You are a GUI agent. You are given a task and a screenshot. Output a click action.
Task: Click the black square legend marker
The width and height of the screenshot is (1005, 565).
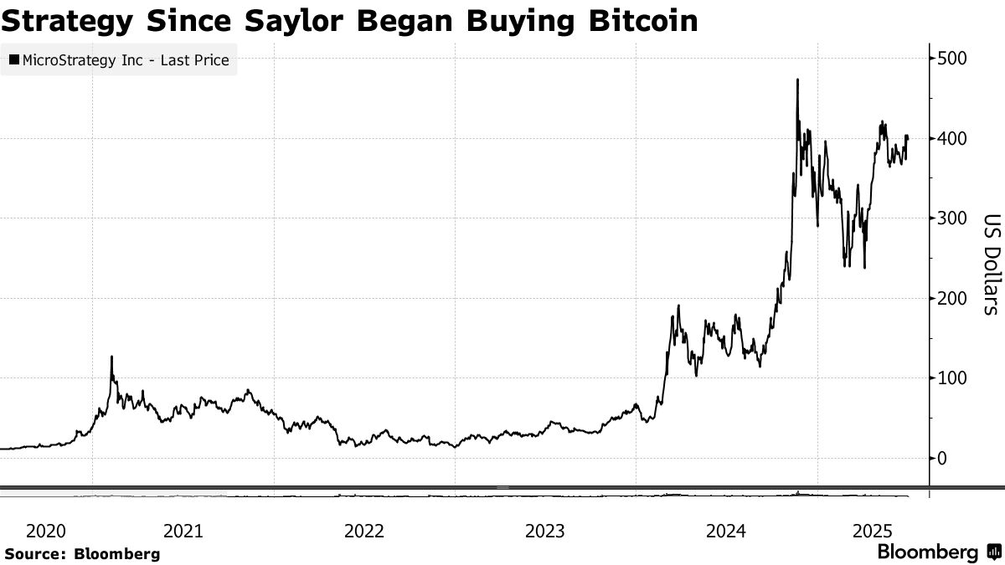pos(14,60)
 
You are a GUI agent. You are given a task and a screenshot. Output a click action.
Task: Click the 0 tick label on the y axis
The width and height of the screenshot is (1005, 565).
pos(945,459)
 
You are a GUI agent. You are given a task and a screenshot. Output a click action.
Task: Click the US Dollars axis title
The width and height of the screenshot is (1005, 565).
pos(991,262)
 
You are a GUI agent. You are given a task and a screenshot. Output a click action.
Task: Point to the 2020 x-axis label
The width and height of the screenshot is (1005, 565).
pos(46,531)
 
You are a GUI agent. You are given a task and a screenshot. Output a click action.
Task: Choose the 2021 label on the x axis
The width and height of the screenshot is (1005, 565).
pos(183,531)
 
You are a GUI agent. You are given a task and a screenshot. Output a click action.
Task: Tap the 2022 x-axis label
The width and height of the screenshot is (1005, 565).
pos(364,531)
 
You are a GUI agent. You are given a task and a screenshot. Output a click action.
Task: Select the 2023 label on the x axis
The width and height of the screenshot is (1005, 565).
pos(545,531)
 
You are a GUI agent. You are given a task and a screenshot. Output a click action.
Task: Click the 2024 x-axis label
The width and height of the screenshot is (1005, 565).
pos(727,531)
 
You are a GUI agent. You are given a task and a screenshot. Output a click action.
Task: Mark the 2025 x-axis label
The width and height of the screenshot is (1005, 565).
pos(873,531)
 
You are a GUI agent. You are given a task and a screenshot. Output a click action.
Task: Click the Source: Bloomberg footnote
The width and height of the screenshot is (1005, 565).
pos(82,553)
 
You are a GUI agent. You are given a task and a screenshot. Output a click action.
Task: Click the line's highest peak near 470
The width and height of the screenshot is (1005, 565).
pos(797,80)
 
